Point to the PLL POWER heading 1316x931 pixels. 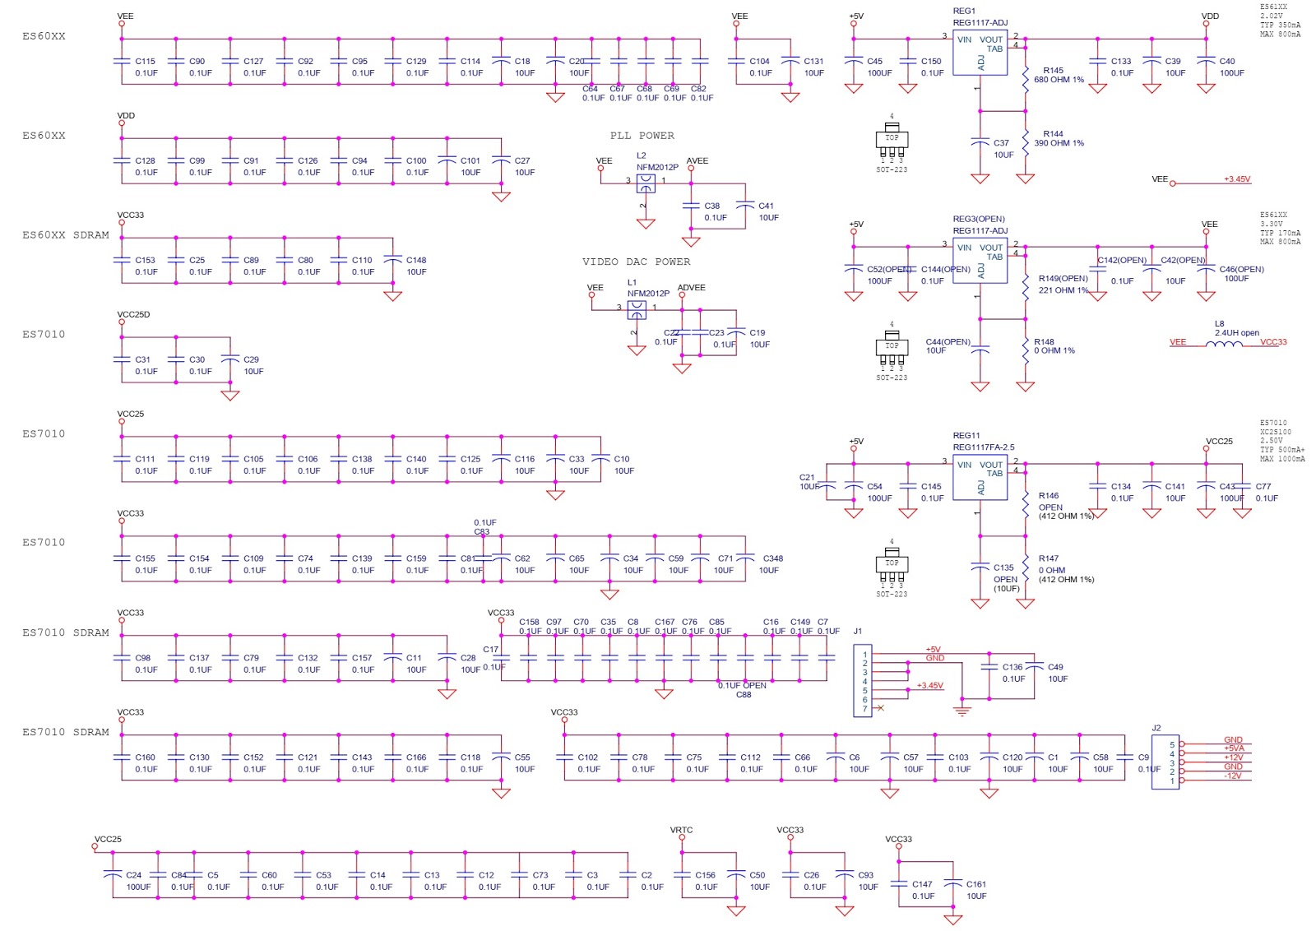(642, 136)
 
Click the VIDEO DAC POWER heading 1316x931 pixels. (636, 262)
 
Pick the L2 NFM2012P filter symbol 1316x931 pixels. (646, 183)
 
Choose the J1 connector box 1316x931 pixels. (863, 681)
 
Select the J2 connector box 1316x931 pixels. (1165, 762)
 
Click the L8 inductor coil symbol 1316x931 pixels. (1224, 344)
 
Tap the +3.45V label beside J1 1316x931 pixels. (929, 685)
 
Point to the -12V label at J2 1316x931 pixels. (1232, 776)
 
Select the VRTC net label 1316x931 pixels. (681, 831)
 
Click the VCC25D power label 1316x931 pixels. (133, 315)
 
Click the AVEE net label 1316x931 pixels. (697, 161)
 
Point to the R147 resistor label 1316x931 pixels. (1049, 558)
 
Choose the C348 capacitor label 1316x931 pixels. (772, 558)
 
